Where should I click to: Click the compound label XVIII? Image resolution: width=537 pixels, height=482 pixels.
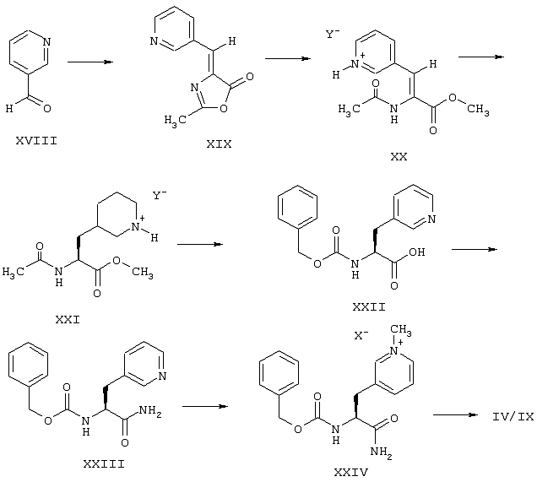coord(36,140)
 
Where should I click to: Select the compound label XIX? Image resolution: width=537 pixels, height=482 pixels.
coord(220,144)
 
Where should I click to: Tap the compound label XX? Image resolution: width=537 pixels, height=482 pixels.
coord(399,156)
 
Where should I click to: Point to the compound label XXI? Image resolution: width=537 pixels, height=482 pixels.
coord(68,320)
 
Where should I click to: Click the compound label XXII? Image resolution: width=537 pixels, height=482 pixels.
coord(369,306)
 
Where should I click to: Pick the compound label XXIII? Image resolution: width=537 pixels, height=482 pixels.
coord(104,464)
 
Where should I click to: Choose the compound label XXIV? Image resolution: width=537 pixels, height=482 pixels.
coord(351,473)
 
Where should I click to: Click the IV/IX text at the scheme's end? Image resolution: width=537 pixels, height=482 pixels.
coord(513,416)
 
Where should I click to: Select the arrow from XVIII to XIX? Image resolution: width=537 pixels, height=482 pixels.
coord(90,62)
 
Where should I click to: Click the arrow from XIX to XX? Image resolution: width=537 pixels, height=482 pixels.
coord(288,58)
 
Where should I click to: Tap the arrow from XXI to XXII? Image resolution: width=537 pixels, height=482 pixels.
coord(200,245)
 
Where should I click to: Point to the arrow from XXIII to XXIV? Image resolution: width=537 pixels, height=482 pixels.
coord(205,406)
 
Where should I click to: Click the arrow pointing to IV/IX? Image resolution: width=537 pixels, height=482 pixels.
coord(455,415)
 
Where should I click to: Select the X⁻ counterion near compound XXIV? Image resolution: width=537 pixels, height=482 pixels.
coord(361,335)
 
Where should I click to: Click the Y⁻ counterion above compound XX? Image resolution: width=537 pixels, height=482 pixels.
coord(332,34)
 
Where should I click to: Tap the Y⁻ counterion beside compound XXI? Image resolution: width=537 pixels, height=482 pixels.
coord(160,195)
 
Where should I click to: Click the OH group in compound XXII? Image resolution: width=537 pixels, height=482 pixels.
coord(417,252)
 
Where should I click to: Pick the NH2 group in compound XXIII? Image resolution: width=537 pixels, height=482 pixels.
coord(150,410)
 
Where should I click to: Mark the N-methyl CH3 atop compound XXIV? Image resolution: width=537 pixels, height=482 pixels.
coord(401,330)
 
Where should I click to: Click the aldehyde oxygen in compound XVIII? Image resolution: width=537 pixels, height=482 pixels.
coord(47,108)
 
